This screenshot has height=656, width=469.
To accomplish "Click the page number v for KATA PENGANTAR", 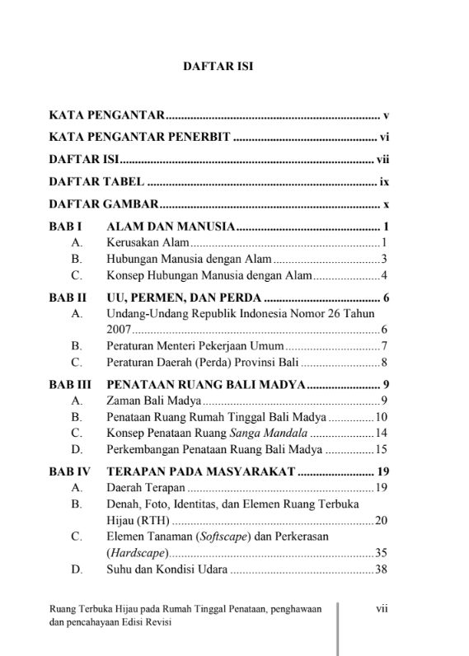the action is (x=385, y=115).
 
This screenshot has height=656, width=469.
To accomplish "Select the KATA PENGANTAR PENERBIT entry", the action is (x=138, y=138).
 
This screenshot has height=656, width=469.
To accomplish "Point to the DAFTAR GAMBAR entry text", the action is (x=102, y=204).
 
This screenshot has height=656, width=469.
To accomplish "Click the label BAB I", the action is (x=64, y=226).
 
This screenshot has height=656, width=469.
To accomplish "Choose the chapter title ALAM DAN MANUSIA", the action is (x=171, y=226).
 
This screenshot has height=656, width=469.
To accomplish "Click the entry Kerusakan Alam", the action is (x=148, y=243).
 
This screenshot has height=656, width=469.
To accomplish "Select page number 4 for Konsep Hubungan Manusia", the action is (x=384, y=275).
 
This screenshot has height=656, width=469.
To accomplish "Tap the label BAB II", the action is (x=67, y=298).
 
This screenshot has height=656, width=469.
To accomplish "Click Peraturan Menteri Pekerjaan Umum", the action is (x=195, y=346).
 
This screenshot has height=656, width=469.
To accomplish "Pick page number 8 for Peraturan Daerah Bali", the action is (x=384, y=362).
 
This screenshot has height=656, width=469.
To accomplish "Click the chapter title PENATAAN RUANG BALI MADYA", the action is (x=206, y=384).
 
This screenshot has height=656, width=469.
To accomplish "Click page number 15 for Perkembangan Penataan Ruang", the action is (x=381, y=449).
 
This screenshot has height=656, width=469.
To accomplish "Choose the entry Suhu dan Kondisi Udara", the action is (x=167, y=569).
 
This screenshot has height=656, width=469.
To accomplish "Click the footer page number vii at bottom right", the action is (x=382, y=609).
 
